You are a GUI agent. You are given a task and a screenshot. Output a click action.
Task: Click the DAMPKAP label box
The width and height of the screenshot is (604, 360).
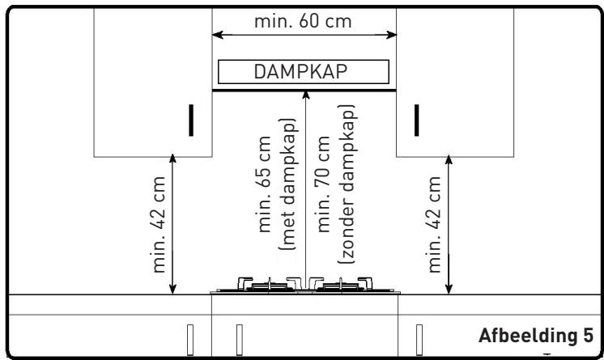coord(304,72)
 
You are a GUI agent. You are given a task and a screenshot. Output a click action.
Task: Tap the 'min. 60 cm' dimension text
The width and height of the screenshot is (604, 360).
coord(303,21)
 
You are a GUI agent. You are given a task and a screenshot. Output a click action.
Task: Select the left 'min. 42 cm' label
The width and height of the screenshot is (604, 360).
coord(159,224)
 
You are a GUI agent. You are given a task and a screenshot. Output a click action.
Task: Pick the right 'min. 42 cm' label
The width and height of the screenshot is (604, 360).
coord(434,224)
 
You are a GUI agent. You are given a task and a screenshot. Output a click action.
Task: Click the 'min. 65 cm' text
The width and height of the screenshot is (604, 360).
coord(264,184)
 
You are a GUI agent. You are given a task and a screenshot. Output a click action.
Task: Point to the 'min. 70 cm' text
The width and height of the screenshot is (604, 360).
coord(323,184)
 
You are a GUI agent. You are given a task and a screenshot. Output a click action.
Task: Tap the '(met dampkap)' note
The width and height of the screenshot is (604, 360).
coord(287,184)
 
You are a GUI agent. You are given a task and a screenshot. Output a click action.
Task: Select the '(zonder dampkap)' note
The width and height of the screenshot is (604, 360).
coord(347,184)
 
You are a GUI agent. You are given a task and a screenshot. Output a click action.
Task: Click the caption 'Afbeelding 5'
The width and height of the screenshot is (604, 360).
coord(536,336)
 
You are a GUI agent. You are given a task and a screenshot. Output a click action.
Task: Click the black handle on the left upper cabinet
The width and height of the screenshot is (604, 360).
coord(191,120)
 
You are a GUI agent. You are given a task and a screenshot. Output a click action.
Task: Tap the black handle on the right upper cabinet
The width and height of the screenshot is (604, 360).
coord(416,120)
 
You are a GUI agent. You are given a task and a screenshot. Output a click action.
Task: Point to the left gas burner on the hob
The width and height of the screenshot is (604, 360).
coord(270,285)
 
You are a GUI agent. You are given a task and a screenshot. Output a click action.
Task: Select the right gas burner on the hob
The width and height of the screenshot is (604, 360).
coord(341,285)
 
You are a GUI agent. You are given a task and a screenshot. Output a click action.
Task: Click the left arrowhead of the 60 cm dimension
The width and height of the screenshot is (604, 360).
coord(217,35)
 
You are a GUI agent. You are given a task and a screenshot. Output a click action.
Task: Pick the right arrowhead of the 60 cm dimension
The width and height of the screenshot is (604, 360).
coord(391,35)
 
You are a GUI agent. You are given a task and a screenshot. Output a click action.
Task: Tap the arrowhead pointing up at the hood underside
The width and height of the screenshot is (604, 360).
coord(306,95)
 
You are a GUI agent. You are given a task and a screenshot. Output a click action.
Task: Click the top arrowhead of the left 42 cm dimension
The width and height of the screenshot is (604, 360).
coord(172,159)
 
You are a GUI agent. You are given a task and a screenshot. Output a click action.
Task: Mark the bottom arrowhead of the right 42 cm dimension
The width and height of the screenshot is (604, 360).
coord(449,290)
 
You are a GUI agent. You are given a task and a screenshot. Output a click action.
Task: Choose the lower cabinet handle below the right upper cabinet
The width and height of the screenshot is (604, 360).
coord(419,340)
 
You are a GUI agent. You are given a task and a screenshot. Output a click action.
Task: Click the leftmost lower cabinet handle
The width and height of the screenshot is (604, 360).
coord(190,340)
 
